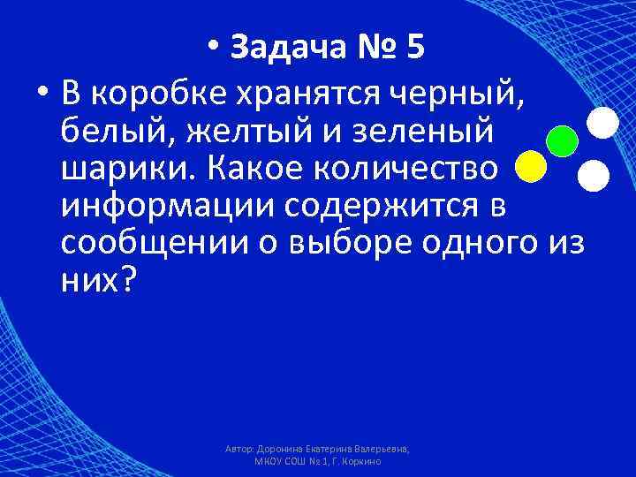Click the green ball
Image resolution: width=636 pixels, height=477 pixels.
(562, 140)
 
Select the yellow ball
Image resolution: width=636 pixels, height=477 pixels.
(530, 166)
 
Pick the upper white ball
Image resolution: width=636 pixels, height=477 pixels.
(602, 122)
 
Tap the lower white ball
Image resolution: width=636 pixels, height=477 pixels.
(593, 176)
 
